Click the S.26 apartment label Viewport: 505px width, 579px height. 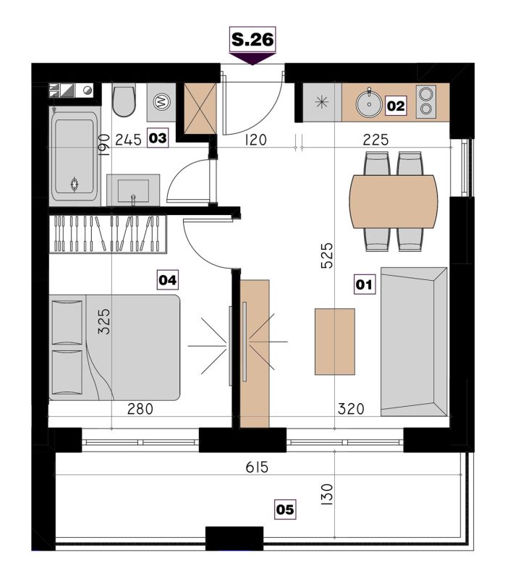[252, 40]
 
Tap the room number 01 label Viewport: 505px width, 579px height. [364, 284]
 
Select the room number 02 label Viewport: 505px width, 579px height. [396, 106]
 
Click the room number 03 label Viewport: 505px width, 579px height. [158, 138]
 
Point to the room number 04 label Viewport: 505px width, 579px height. [168, 280]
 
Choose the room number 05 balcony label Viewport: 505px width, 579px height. [285, 510]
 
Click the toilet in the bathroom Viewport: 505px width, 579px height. [124, 101]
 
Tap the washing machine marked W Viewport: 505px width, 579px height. [161, 102]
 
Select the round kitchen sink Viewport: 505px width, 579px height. [369, 103]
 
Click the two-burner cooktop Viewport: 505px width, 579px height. [425, 101]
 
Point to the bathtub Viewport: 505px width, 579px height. [75, 156]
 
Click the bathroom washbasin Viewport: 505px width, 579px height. [133, 190]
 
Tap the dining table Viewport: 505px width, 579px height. [394, 202]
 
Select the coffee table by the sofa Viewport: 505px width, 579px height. [335, 342]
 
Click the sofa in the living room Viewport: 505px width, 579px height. [414, 342]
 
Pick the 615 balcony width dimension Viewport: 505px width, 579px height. [257, 467]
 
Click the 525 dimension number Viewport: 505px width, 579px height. [327, 255]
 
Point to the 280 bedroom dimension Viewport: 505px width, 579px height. [140, 409]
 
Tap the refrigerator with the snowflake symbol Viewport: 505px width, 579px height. [322, 102]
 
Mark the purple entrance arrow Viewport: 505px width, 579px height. [252, 59]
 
